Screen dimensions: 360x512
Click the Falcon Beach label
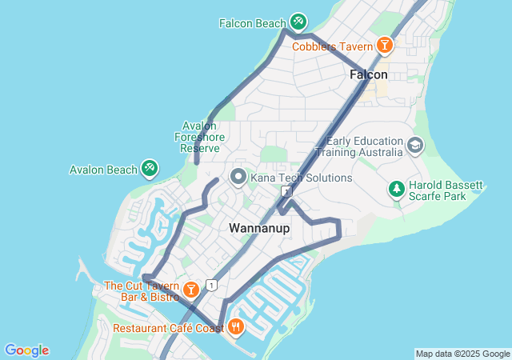pyautogui.click(x=252, y=23)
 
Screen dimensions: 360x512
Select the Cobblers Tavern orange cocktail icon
pyautogui.click(x=385, y=45)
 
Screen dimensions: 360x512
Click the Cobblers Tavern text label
pyautogui.click(x=332, y=46)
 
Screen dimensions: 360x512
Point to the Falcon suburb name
pyautogui.click(x=369, y=74)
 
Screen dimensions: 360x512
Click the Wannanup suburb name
pyautogui.click(x=259, y=228)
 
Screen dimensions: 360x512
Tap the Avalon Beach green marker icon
pyautogui.click(x=149, y=168)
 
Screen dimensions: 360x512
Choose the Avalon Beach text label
pyautogui.click(x=103, y=170)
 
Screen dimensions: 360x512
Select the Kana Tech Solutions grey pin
pyautogui.click(x=238, y=177)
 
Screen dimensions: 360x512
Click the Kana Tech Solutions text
pyautogui.click(x=301, y=178)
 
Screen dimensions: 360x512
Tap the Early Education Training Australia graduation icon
pyautogui.click(x=414, y=146)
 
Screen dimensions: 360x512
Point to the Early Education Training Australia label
pyautogui.click(x=364, y=146)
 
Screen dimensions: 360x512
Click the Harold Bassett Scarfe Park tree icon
pyautogui.click(x=396, y=189)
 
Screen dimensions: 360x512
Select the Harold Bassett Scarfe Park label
pyautogui.click(x=446, y=192)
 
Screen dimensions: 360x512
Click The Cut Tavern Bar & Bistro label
pyautogui.click(x=141, y=291)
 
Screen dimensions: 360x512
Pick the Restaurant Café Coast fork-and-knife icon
pyautogui.click(x=236, y=326)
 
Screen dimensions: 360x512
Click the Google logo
pyautogui.click(x=26, y=350)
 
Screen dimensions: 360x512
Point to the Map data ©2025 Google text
pyautogui.click(x=462, y=354)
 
